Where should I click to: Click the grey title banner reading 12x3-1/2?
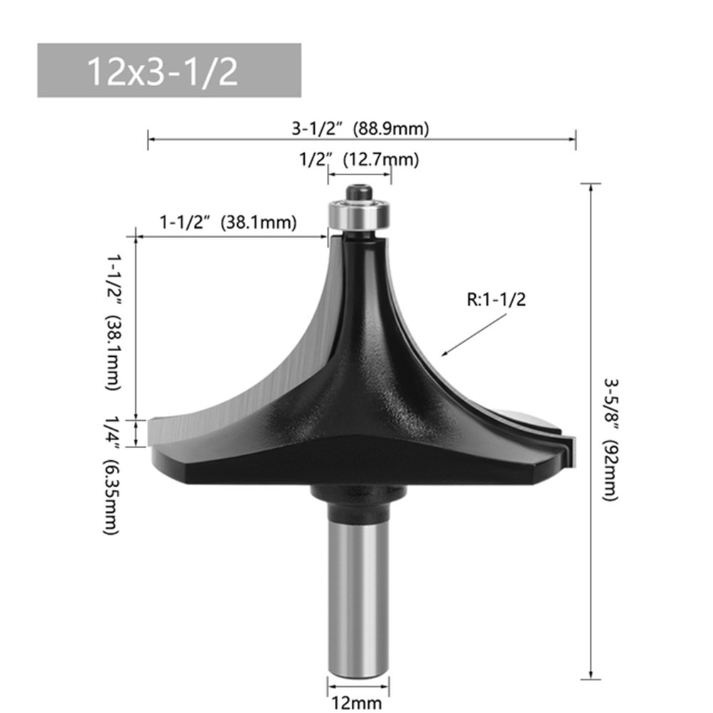169,71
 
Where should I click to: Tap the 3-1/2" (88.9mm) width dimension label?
361,129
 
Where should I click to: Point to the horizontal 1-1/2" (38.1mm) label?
227,222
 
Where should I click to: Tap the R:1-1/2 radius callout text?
496,301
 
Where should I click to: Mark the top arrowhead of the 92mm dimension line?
590,187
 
